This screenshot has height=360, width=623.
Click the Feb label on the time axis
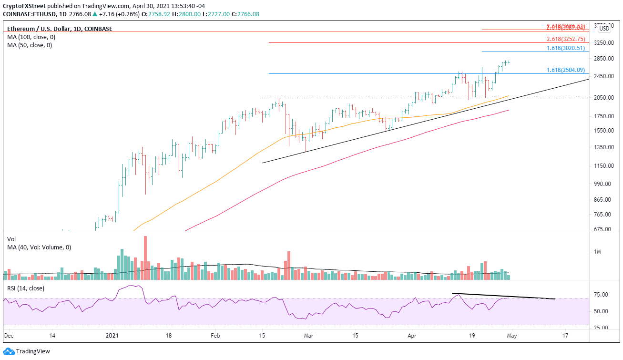point(215,335)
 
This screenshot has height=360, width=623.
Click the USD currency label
point(604,28)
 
